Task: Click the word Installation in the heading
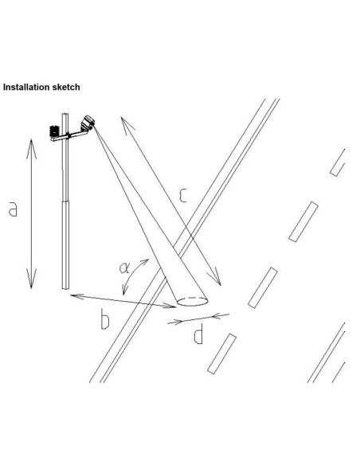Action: pos(26,87)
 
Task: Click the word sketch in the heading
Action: pos(66,87)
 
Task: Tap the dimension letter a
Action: pos(13,209)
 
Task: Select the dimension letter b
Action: pos(105,319)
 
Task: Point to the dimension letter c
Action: pos(183,196)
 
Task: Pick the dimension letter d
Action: pos(198,334)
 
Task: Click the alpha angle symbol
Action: pos(124,268)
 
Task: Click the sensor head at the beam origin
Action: pos(88,123)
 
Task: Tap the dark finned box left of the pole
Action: pos(54,131)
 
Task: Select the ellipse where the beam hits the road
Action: pos(192,301)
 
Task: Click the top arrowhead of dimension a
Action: pos(31,148)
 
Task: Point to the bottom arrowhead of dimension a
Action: pos(31,279)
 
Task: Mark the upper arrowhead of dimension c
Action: pos(127,125)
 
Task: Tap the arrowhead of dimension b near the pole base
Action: pos(76,296)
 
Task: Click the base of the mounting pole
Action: pos(65,287)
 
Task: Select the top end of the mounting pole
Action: pos(65,115)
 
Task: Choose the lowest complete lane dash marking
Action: pos(221,354)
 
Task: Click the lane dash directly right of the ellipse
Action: pos(263,287)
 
